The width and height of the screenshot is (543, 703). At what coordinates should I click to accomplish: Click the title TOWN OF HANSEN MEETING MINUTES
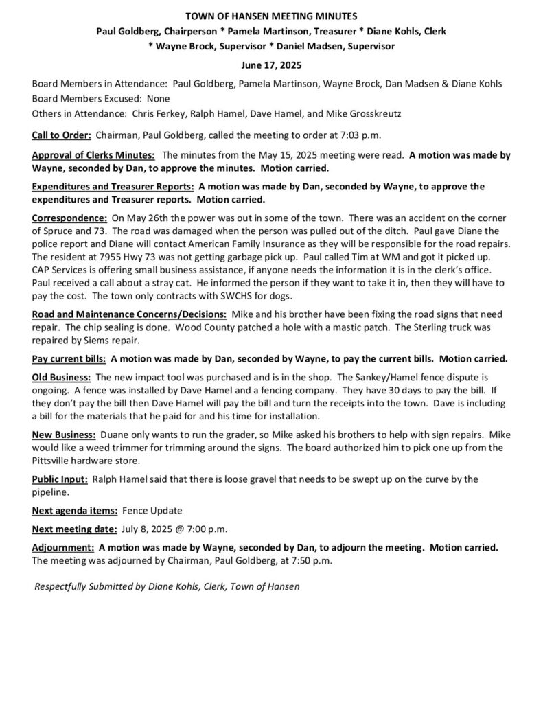coord(271,15)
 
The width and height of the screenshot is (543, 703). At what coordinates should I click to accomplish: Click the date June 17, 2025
coord(271,65)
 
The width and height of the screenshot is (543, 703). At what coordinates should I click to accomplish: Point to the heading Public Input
coord(60,479)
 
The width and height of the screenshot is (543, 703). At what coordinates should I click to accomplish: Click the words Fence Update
coord(153,511)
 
